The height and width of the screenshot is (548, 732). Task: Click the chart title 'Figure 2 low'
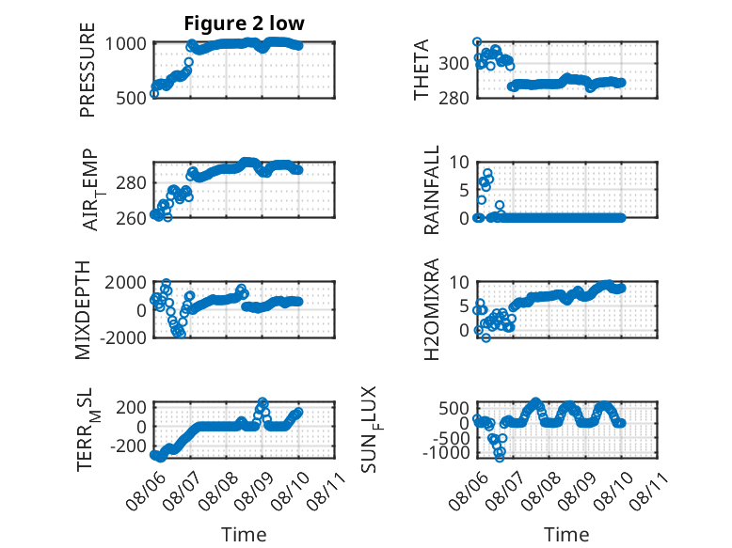(x=244, y=23)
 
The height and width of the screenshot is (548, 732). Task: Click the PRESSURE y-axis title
(x=88, y=70)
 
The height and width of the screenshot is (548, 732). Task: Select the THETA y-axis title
(x=422, y=70)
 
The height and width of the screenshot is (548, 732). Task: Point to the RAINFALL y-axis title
(x=431, y=190)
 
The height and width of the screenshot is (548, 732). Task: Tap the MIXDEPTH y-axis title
(x=82, y=310)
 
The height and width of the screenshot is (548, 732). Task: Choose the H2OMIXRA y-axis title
(x=431, y=309)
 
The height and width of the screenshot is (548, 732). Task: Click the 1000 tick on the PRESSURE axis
(x=125, y=44)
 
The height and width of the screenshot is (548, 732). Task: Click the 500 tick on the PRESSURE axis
(x=131, y=99)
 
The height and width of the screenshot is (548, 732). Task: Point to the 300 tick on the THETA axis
(x=454, y=63)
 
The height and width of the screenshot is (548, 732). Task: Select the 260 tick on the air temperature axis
(x=131, y=218)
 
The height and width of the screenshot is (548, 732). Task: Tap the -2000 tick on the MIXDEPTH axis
(x=123, y=337)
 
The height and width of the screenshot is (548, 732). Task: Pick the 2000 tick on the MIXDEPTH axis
(x=125, y=282)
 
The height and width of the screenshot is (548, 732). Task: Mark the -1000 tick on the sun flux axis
(x=446, y=452)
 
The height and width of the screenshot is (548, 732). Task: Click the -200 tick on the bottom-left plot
(x=128, y=446)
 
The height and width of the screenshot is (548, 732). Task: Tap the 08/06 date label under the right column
(x=469, y=491)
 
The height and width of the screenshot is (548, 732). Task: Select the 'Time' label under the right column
(x=566, y=535)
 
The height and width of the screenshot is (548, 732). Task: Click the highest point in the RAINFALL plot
(x=488, y=174)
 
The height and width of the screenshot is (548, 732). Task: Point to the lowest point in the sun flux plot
(x=500, y=458)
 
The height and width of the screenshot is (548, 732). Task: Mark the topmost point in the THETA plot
(x=477, y=42)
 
